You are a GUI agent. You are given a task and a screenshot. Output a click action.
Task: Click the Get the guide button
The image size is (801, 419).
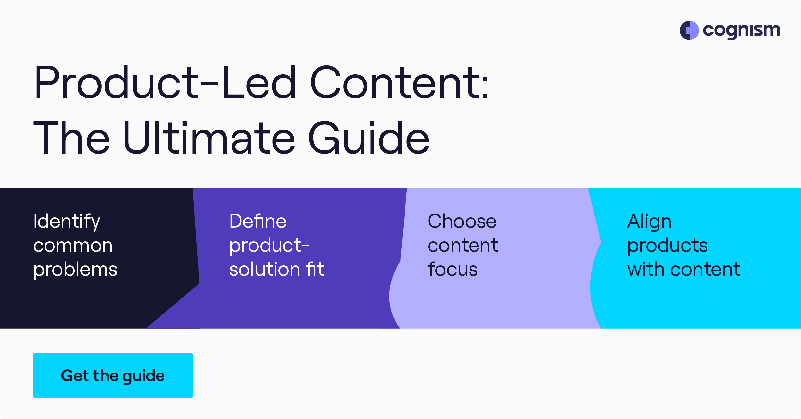(x=113, y=375)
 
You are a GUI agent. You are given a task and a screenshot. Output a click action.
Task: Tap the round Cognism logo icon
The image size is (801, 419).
(x=689, y=30)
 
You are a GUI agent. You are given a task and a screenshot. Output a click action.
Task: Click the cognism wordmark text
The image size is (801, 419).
(x=741, y=30)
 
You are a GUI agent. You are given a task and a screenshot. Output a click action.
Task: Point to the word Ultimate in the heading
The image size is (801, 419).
(x=209, y=138)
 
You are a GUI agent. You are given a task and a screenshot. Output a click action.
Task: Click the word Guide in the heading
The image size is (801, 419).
(x=369, y=138)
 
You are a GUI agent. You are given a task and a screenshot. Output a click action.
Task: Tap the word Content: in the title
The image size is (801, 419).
(x=399, y=82)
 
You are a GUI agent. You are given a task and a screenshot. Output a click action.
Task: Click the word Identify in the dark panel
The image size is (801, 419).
(x=67, y=221)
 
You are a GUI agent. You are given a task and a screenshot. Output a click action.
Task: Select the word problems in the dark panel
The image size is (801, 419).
(x=75, y=269)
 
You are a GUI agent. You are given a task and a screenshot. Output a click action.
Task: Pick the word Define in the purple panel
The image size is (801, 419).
(x=258, y=221)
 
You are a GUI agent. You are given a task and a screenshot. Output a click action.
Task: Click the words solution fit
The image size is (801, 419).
(x=277, y=269)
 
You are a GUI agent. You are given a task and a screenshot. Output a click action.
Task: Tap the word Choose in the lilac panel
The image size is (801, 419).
(x=462, y=221)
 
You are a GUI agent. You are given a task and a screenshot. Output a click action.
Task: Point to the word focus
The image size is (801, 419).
(x=453, y=269)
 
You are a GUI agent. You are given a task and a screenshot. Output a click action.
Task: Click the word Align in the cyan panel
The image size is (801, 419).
(x=649, y=221)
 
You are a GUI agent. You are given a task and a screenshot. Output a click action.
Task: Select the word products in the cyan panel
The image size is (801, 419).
(x=667, y=246)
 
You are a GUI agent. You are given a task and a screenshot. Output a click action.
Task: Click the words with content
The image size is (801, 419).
(x=683, y=269)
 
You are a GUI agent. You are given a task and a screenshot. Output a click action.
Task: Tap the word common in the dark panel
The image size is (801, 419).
(x=73, y=246)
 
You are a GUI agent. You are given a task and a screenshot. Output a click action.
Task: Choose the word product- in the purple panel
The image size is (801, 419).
(x=269, y=246)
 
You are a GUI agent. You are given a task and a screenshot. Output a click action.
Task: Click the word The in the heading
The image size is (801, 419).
(x=72, y=138)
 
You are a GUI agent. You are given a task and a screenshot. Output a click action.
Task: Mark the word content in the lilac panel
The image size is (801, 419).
(x=463, y=246)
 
